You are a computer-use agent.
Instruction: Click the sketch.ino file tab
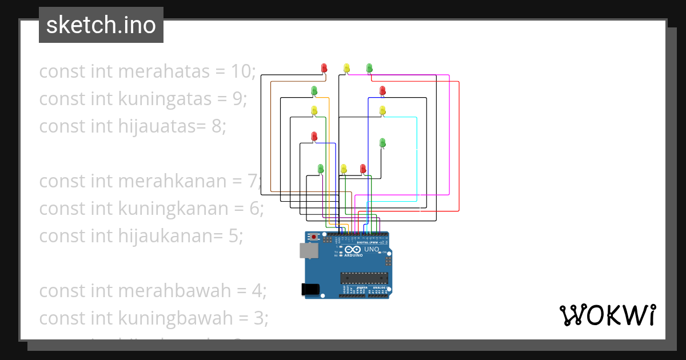[x=101, y=25]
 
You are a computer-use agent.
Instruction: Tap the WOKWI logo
[x=607, y=315]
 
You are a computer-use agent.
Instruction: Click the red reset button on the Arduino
[x=314, y=236]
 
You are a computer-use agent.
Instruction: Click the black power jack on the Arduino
[x=310, y=289]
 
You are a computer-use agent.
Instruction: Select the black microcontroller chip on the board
[x=364, y=278]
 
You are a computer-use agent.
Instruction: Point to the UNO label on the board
[x=372, y=249]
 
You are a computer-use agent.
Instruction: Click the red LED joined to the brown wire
[x=325, y=68]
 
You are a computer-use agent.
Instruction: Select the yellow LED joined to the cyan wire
[x=382, y=110]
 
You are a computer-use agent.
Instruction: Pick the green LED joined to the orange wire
[x=314, y=90]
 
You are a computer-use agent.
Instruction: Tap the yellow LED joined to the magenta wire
[x=346, y=68]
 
